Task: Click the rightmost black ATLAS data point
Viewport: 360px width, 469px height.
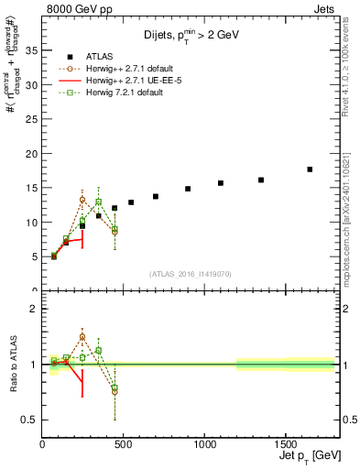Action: tap(310, 169)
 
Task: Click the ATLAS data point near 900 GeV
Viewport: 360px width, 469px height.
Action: tap(188, 189)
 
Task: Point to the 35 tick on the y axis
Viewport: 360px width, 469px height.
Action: tap(34, 50)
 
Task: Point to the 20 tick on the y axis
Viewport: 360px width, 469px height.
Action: tap(34, 153)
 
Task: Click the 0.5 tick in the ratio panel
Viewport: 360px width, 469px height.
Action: tap(31, 420)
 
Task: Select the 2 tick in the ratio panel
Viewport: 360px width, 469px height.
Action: tap(35, 309)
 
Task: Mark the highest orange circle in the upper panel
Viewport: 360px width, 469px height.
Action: tap(82, 200)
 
